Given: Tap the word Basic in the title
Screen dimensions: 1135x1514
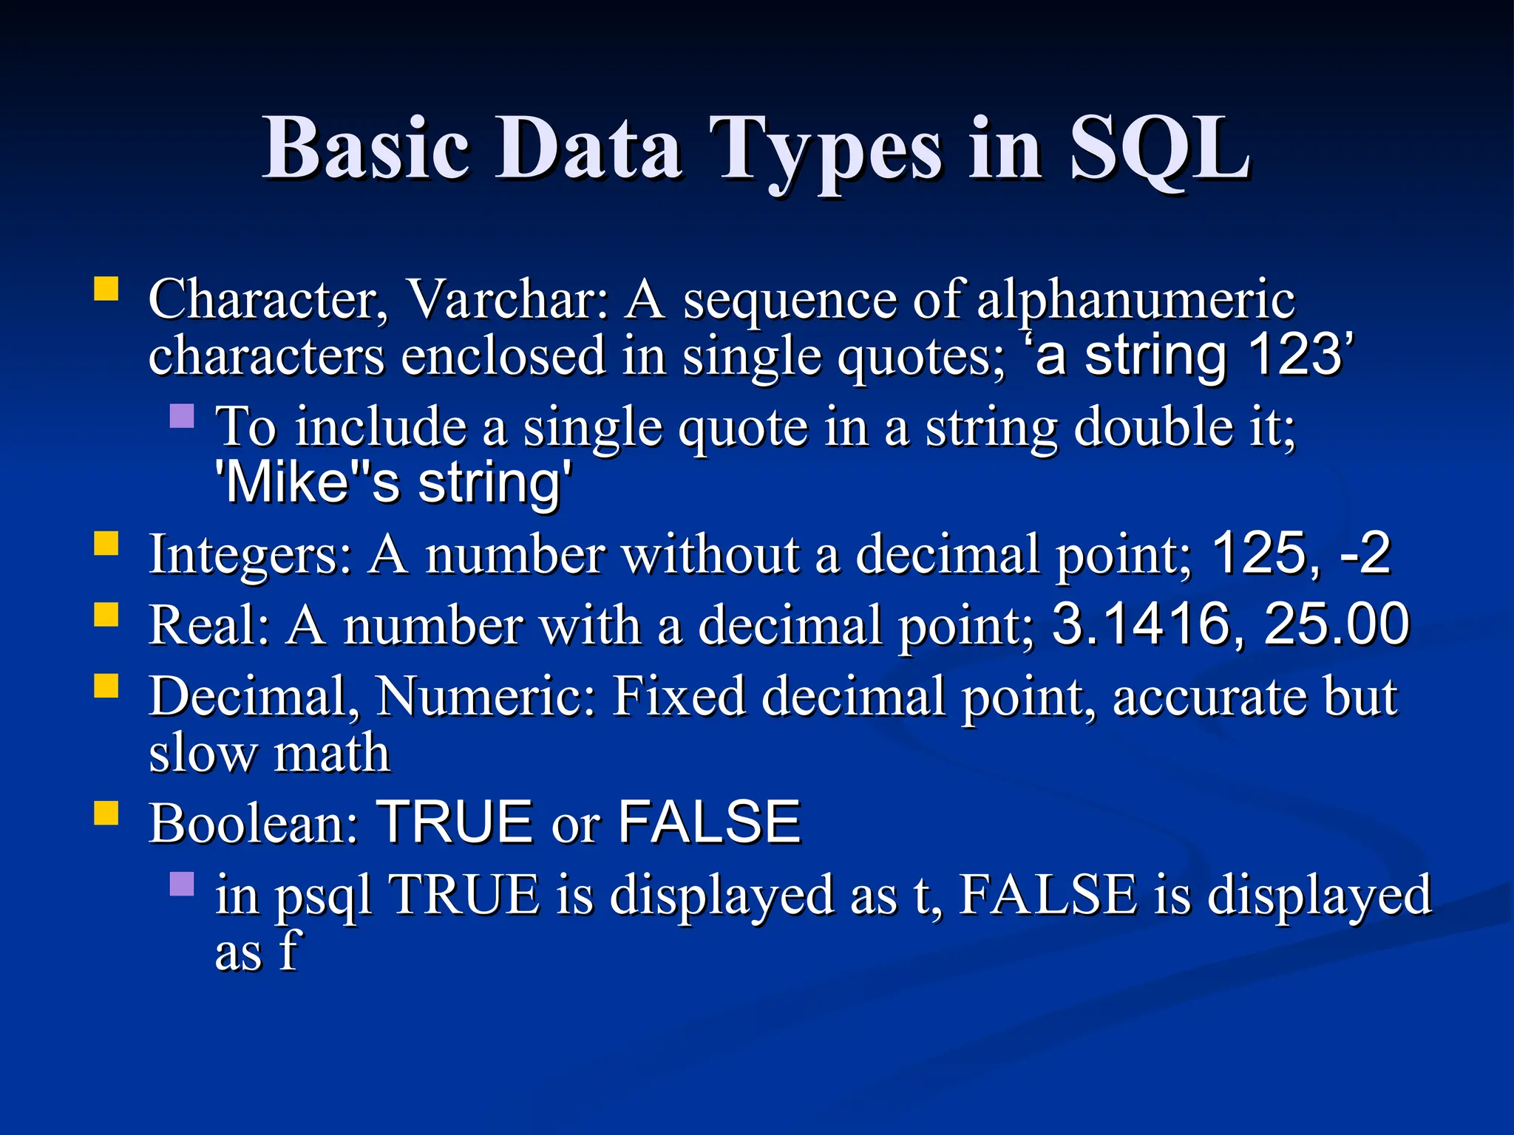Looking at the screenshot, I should click(367, 149).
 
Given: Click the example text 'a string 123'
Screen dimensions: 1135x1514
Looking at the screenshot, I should click(1190, 356).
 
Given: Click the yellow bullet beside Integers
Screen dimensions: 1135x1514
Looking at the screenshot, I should click(106, 544).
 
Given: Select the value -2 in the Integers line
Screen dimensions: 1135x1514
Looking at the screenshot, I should click(1365, 554).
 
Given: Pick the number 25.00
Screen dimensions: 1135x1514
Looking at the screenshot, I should click(1337, 625).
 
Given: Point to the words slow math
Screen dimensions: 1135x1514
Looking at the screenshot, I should click(269, 754).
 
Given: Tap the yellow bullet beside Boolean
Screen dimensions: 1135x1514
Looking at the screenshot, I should click(106, 813).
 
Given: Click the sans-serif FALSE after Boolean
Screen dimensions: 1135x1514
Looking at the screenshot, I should click(708, 823).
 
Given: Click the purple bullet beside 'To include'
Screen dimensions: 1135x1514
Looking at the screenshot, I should click(182, 416).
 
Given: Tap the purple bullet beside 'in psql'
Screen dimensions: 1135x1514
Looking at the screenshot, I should click(182, 884).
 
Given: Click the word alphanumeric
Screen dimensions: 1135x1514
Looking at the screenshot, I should click(1135, 300).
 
